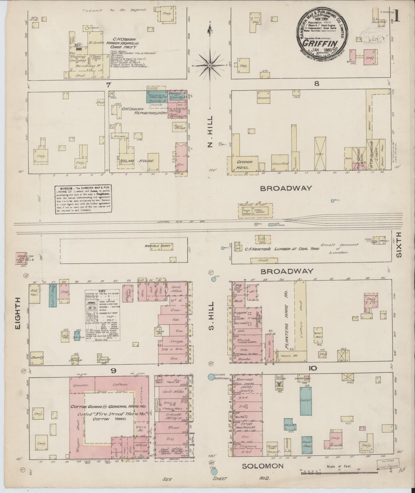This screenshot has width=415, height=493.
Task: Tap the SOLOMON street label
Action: point(263,466)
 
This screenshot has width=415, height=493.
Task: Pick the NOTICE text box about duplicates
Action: point(84,200)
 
